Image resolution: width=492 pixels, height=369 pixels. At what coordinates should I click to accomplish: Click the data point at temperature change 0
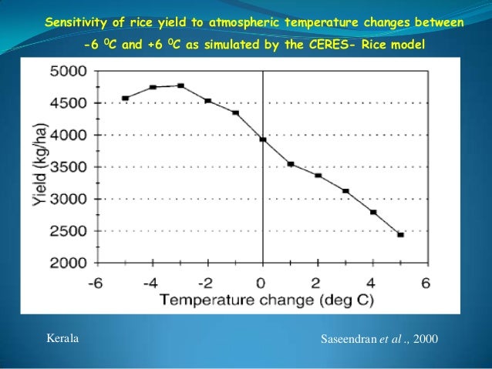(x=263, y=139)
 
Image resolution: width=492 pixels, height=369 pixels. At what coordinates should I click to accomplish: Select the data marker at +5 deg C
(x=400, y=234)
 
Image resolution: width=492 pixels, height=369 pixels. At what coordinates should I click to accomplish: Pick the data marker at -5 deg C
(x=125, y=98)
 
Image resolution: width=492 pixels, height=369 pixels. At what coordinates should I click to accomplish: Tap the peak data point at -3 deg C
(x=180, y=86)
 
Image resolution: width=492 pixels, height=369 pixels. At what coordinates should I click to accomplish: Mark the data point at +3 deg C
(x=345, y=191)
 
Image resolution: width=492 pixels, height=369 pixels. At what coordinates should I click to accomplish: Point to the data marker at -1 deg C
(x=235, y=112)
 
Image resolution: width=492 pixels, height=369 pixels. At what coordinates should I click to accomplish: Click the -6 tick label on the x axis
(x=96, y=282)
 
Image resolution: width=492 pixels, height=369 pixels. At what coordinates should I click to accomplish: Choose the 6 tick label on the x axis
(x=427, y=282)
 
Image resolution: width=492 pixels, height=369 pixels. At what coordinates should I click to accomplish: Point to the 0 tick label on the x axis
(x=263, y=282)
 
